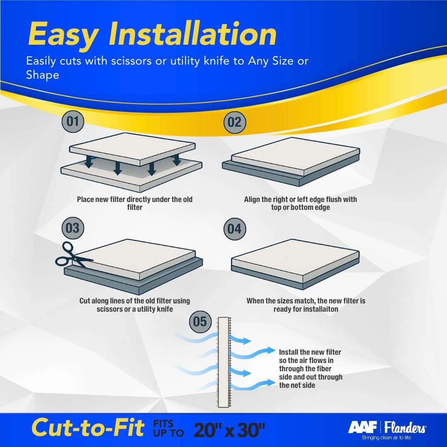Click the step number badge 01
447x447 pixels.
(x=72, y=121)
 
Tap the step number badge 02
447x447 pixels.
(x=234, y=122)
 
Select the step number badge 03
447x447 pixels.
(x=72, y=228)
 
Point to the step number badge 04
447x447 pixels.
(x=234, y=229)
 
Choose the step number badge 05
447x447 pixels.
(x=200, y=322)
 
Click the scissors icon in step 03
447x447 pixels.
(x=70, y=255)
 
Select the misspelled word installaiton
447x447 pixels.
(x=318, y=309)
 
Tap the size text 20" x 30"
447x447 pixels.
(x=229, y=428)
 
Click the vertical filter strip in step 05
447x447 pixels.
(x=224, y=362)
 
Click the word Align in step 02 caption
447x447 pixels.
(x=252, y=199)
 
